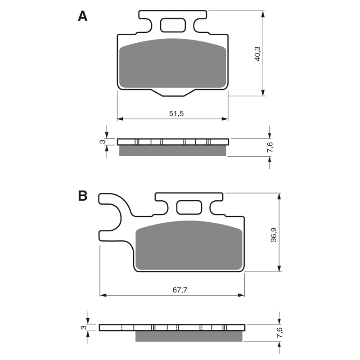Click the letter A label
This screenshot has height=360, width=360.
[x=82, y=16]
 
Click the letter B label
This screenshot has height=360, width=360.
[x=82, y=196]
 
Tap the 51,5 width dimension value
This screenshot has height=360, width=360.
[x=176, y=113]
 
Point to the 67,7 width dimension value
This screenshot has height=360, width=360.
[x=179, y=290]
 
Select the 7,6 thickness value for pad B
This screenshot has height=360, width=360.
[x=279, y=333]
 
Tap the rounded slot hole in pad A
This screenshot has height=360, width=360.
[x=173, y=25]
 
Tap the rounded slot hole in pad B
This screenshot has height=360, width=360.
[x=189, y=207]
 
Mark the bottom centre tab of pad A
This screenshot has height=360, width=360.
[x=173, y=92]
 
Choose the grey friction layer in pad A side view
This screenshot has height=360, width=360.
[x=172, y=151]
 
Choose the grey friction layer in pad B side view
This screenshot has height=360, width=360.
[x=189, y=336]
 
